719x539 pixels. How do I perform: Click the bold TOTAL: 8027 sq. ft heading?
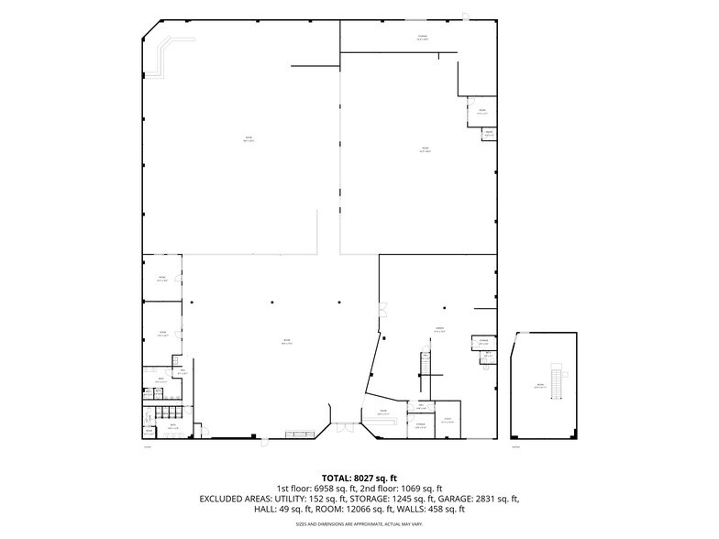[x=359, y=478]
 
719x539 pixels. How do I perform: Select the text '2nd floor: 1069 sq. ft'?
[x=401, y=488]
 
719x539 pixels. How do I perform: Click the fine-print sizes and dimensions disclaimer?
[x=359, y=524]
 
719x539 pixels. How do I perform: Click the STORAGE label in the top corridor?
[x=422, y=38]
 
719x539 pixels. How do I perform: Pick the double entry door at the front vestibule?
[x=343, y=425]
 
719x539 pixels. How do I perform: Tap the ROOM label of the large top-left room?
[x=248, y=139]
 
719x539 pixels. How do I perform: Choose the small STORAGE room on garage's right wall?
[x=482, y=343]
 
